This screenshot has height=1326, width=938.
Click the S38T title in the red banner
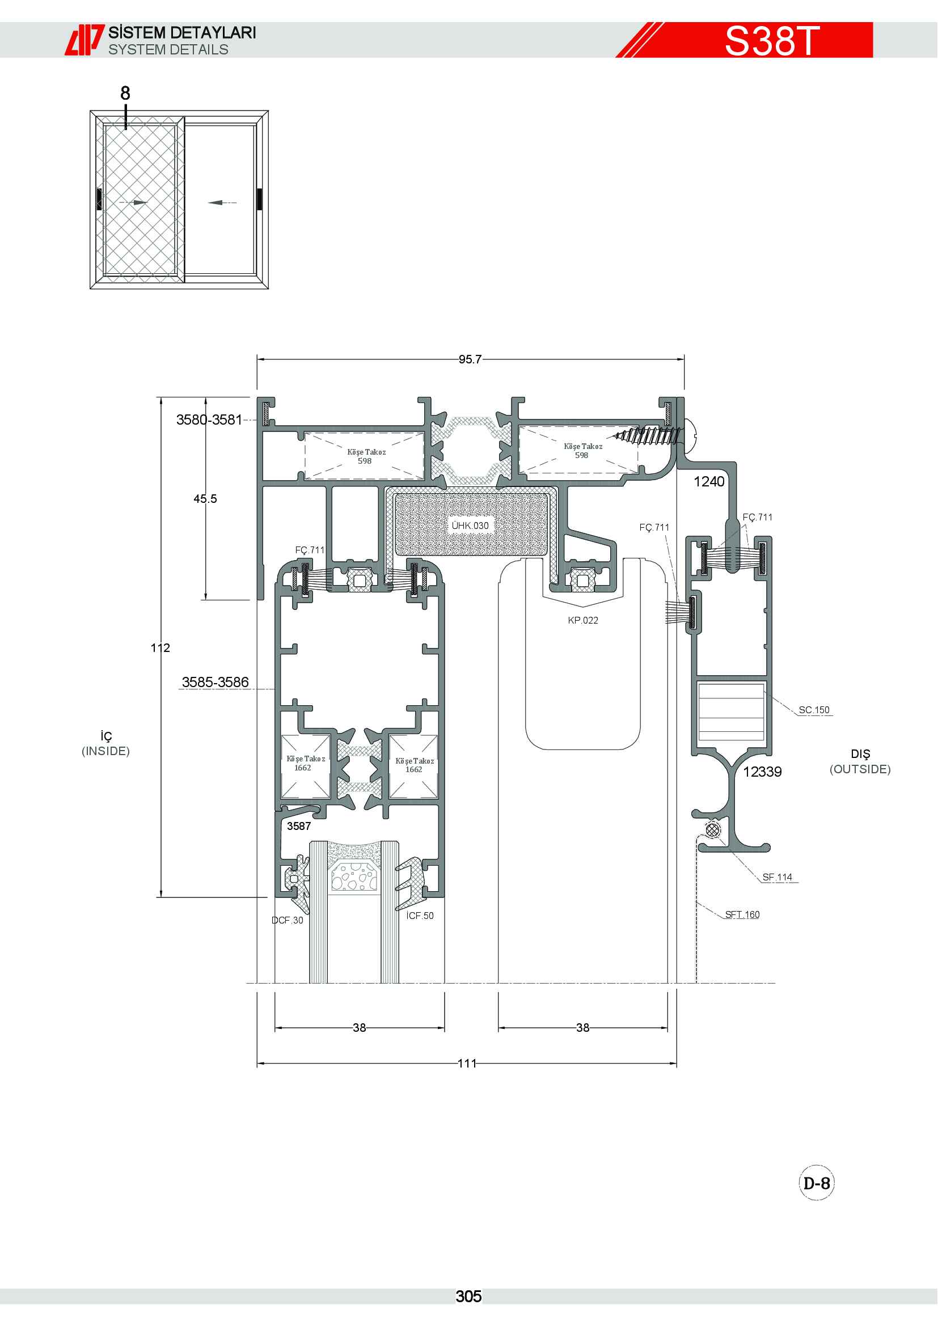point(772,40)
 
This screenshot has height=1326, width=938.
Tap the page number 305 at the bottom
point(468,1297)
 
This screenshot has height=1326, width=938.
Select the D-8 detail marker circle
point(817,1183)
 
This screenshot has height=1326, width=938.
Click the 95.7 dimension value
point(470,359)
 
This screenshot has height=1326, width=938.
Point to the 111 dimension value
point(467,1063)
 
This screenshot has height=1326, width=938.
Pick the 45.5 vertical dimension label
point(205,498)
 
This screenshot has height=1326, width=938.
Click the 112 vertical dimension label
point(160,648)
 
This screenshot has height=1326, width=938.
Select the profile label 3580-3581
point(209,420)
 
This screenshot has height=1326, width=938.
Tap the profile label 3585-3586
point(216,682)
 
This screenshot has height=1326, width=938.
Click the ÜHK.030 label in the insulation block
point(470,526)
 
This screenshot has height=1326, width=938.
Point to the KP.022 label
point(583,620)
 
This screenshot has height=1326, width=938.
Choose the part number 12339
point(762,772)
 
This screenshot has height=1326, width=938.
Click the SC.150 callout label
point(814,710)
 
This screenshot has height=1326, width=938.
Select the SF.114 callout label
point(778,877)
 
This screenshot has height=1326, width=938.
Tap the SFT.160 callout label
point(742,914)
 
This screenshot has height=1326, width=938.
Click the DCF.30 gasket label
point(287,920)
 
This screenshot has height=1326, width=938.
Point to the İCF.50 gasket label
point(420,916)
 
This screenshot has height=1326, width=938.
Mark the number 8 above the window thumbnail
point(125,93)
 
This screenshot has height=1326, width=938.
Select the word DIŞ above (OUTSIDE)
point(860,753)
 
